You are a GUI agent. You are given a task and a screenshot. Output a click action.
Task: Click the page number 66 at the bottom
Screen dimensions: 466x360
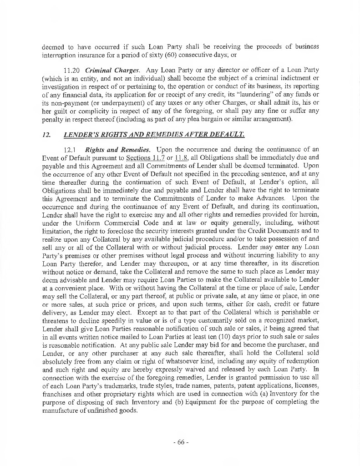(180, 443)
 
